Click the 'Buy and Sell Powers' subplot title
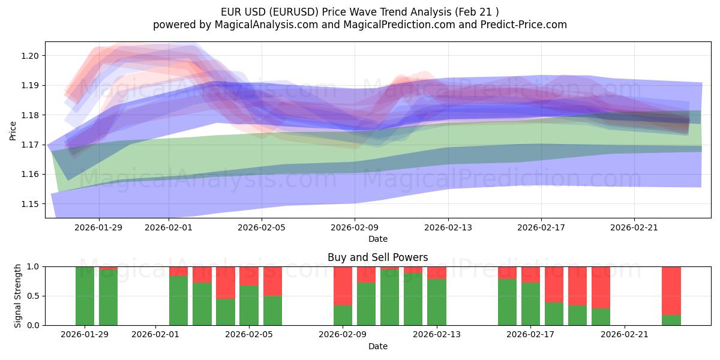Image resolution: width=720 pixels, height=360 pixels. (x=377, y=257)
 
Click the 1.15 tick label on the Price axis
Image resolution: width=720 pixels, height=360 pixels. (x=30, y=204)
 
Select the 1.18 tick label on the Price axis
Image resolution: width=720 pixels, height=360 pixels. (x=30, y=115)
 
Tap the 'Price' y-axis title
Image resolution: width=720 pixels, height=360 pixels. (x=13, y=130)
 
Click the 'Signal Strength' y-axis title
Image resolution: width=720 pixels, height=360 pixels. (x=18, y=296)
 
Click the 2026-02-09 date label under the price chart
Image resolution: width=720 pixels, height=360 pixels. (x=355, y=227)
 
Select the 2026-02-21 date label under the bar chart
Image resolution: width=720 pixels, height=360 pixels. (x=625, y=335)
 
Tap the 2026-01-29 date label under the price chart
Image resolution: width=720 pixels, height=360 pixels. (x=99, y=227)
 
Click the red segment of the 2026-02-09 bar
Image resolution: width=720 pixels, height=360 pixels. (x=343, y=286)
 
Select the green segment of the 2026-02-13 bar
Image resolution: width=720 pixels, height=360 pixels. (x=436, y=302)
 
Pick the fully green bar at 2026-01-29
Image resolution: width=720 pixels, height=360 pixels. (x=85, y=296)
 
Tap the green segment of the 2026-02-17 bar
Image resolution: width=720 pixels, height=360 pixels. (x=530, y=304)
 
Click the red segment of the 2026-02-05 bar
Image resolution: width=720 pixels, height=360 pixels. (x=249, y=276)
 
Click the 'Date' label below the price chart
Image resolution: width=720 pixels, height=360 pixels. (x=378, y=239)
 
